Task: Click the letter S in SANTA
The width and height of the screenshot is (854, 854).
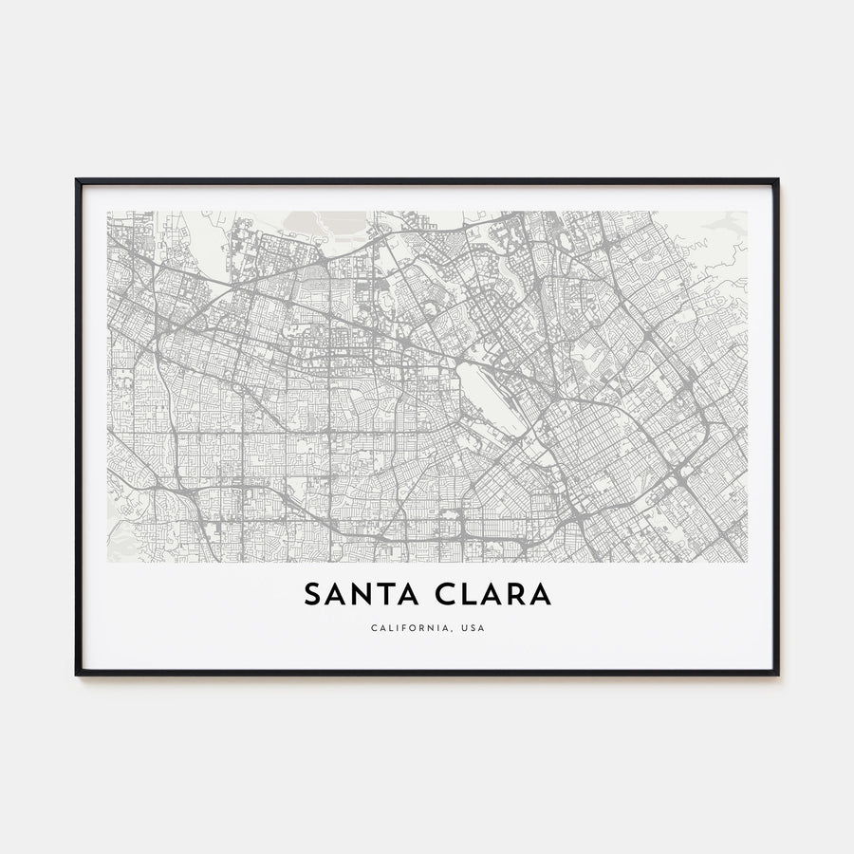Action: point(312,595)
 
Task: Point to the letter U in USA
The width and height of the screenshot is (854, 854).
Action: point(460,628)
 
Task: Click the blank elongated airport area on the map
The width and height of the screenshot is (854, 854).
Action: point(488,398)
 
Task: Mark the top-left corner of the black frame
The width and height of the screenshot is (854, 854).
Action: point(78,180)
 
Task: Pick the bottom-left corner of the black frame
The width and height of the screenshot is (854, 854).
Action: point(78,674)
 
